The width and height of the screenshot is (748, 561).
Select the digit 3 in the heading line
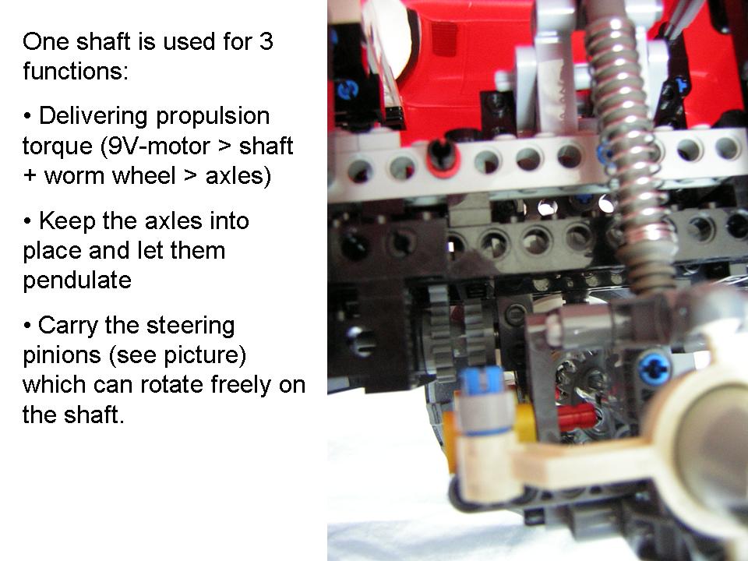266,41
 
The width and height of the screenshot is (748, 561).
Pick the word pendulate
77,280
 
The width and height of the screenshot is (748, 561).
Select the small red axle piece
577,416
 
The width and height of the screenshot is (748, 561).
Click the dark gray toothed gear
441,327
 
